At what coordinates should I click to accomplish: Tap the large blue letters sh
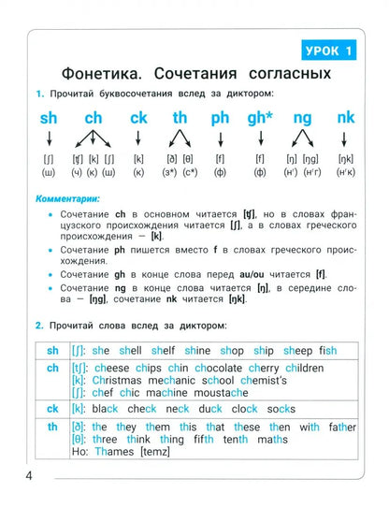click(x=48, y=119)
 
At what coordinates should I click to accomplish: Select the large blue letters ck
click(x=138, y=119)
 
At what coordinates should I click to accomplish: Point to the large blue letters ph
click(x=220, y=119)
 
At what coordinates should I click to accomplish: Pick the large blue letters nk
click(x=346, y=119)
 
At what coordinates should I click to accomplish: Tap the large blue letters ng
click(x=302, y=119)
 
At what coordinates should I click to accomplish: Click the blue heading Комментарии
click(x=69, y=198)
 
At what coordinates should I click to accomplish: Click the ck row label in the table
click(x=51, y=409)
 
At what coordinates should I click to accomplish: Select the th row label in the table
click(x=51, y=427)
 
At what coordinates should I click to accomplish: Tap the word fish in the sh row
click(x=327, y=351)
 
